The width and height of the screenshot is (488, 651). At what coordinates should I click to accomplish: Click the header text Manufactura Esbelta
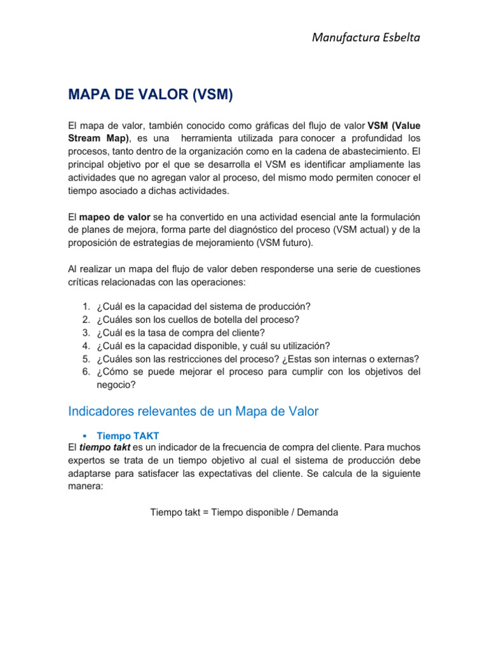366,38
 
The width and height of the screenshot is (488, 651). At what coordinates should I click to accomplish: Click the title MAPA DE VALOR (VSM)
151,95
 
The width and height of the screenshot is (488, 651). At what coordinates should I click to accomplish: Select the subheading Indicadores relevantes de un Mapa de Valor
193,411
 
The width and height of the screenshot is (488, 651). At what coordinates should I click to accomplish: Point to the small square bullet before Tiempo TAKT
85,435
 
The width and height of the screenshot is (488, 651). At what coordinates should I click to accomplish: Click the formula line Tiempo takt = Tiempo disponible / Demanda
244,512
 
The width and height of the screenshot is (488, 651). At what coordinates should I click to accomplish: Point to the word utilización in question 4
306,346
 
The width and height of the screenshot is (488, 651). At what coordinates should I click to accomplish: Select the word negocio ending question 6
114,385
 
